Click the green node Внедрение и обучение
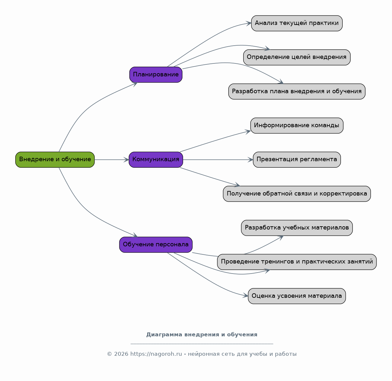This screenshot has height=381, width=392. pos(55,160)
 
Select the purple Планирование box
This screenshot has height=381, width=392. pos(156,74)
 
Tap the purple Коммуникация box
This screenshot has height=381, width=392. pos(156,160)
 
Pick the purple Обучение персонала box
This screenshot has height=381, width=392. pos(156,245)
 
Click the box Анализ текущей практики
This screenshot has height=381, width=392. pos(297,23)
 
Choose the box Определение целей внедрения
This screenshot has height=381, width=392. pos(297,57)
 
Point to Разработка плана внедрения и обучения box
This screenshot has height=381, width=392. pos(297,92)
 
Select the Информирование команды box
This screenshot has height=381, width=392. pos(297,126)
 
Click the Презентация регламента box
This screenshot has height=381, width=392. pos(297,160)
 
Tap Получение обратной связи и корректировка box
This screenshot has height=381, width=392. pos(297,194)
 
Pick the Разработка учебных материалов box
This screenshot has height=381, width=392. pos(297,228)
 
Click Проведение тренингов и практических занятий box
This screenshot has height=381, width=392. pos(297,262)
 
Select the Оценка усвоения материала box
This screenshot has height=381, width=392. pos(297,296)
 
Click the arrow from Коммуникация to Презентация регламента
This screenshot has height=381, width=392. pos(218,160)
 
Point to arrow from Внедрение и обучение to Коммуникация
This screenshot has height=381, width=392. pos(112,160)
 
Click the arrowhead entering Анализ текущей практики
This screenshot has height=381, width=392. pos(249,23)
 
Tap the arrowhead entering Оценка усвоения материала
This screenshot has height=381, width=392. pos(246,296)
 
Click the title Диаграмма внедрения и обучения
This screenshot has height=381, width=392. pos(201,335)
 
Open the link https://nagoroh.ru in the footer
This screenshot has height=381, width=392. pos(156,354)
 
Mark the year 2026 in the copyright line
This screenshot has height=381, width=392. pos(121,354)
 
